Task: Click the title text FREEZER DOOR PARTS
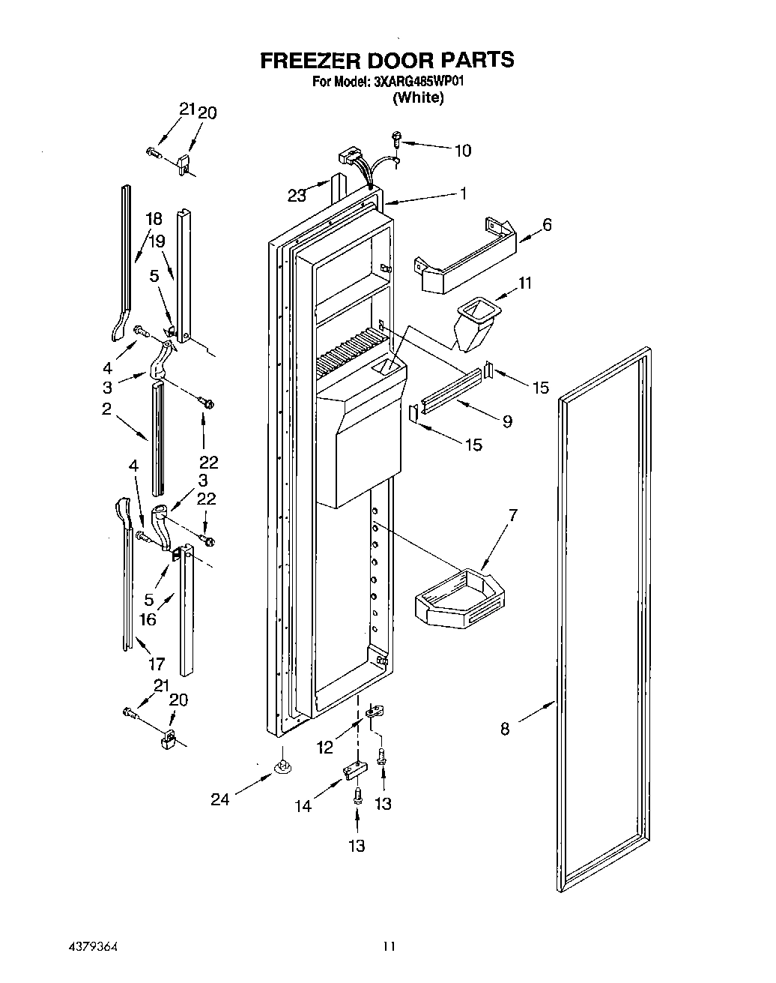tap(387, 60)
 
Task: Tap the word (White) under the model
tap(418, 97)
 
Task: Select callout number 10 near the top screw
tap(463, 151)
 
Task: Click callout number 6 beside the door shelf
tap(547, 224)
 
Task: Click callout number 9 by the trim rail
tap(507, 421)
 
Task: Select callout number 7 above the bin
tap(512, 515)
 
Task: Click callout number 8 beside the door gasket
tap(505, 728)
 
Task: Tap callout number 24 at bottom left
tap(219, 800)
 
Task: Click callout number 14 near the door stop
tap(303, 806)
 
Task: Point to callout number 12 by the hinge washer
tap(324, 747)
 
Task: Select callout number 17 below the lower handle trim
tap(157, 663)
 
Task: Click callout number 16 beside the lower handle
tap(148, 619)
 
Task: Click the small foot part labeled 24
tap(282, 767)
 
